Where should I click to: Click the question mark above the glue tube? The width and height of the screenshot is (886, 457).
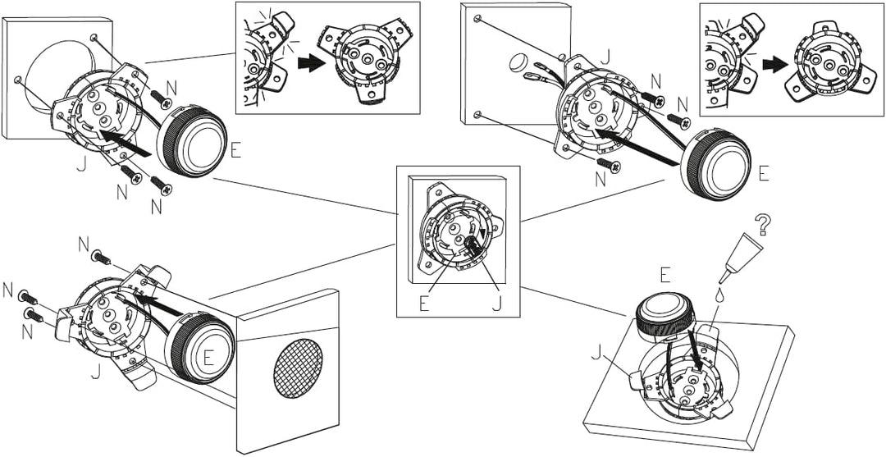pyautogui.click(x=763, y=225)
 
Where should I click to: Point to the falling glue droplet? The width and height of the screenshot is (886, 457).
pyautogui.click(x=720, y=295)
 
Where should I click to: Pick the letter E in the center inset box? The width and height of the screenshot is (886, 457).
pyautogui.click(x=424, y=304)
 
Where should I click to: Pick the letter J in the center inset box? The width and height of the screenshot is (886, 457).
pyautogui.click(x=496, y=304)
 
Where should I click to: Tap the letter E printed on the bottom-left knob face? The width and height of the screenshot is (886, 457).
pyautogui.click(x=208, y=359)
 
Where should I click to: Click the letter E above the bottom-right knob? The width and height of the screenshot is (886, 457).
pyautogui.click(x=665, y=276)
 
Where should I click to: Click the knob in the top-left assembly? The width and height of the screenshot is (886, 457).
pyautogui.click(x=192, y=139)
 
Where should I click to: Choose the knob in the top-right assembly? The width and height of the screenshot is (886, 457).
pyautogui.click(x=716, y=165)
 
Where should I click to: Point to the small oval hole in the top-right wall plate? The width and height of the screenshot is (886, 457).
pyautogui.click(x=518, y=62)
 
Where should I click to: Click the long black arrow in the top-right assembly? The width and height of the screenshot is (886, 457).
pyautogui.click(x=637, y=148)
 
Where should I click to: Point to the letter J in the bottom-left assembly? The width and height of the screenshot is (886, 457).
pyautogui.click(x=97, y=371)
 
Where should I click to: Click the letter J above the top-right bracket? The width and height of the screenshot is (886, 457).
pyautogui.click(x=605, y=57)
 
